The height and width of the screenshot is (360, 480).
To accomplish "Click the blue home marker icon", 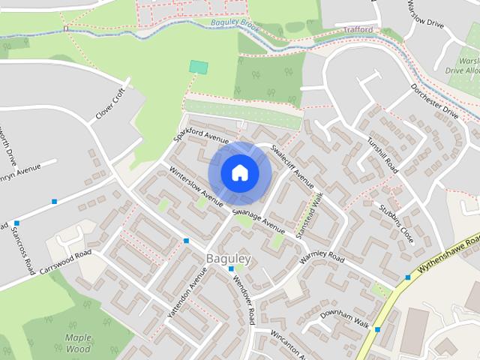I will (x=239, y=172).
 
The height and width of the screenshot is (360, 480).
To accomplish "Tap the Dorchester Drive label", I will (x=433, y=102).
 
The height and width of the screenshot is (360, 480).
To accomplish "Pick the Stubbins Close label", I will (x=397, y=225).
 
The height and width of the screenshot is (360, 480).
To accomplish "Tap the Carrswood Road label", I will (x=65, y=261).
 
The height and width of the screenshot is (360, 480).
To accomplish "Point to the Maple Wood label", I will (x=78, y=343).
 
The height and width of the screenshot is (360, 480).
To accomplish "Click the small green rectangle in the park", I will (x=198, y=67).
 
